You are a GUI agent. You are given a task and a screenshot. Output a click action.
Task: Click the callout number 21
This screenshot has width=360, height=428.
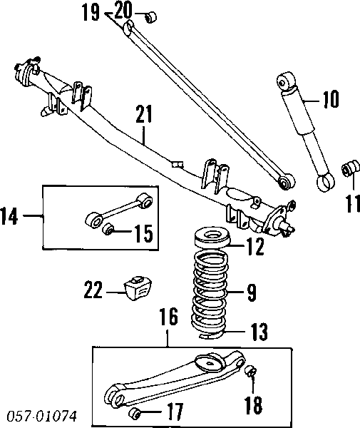[x=144, y=114]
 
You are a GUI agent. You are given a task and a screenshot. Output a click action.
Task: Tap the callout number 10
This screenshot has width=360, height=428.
[x=331, y=99]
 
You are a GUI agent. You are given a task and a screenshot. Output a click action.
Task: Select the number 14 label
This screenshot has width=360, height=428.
[x=9, y=216]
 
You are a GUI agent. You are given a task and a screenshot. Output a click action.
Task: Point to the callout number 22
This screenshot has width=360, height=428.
[x=93, y=290]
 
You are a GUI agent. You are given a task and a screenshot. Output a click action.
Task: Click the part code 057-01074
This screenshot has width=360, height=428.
[x=42, y=416]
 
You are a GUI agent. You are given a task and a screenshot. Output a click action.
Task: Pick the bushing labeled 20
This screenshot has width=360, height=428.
[x=150, y=17]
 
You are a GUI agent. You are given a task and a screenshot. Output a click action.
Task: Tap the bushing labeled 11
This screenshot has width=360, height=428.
[x=351, y=168]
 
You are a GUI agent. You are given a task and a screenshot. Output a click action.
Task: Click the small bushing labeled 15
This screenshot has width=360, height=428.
[x=108, y=228]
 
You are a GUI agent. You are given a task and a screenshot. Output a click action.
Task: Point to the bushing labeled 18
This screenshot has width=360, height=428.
[x=251, y=371]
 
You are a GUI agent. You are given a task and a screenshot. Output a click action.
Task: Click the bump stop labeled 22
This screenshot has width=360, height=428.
[x=138, y=288]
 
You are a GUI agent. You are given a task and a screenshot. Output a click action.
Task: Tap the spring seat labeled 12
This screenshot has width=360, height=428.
[x=212, y=238]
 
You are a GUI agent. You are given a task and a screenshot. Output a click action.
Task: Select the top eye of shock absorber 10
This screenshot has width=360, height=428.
[x=287, y=81]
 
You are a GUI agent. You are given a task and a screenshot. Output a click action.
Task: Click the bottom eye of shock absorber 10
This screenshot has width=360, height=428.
[x=326, y=183]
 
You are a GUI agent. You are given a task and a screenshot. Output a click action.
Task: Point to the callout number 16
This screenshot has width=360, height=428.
[x=169, y=317]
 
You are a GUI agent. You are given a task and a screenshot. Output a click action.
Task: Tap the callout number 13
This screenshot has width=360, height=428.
[x=259, y=332]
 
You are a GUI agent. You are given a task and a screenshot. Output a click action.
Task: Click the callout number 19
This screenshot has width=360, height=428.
[x=91, y=13]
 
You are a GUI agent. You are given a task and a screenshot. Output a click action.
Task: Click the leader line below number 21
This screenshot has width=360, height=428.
[x=144, y=134]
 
